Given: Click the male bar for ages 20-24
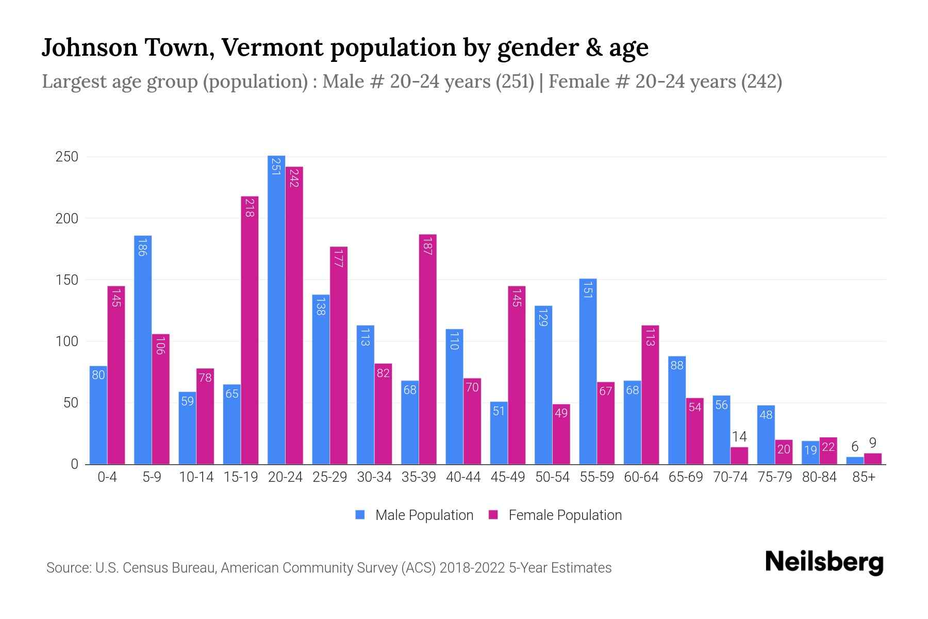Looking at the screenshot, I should (276, 309).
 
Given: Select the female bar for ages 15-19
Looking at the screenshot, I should (250, 330).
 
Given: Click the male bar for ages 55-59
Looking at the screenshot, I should (588, 371).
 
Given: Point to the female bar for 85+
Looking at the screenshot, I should (872, 459).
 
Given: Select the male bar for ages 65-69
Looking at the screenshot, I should (676, 410).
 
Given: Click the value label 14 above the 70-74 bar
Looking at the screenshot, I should (739, 437).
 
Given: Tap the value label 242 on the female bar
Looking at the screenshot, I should (294, 177).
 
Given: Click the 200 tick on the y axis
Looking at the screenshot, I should (67, 218).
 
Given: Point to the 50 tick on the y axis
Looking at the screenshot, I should (71, 403).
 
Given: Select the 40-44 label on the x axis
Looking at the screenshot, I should (463, 477).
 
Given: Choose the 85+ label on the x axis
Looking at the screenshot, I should (863, 477).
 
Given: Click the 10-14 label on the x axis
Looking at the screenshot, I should (196, 477).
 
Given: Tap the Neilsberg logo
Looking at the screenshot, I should (824, 562).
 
